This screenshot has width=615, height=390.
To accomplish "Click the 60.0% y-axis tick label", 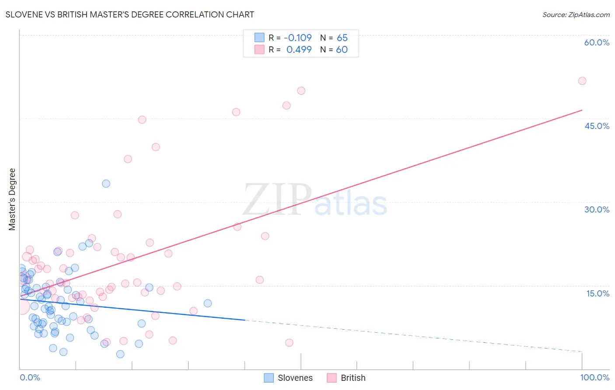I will coord(597,42).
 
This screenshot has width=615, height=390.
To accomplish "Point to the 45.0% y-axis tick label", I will coord(597,126).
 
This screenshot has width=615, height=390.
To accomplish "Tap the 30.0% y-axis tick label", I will coord(597,209).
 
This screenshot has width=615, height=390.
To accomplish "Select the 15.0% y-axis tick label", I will coord(598,293).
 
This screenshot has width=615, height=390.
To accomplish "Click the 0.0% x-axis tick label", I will coord(30,377).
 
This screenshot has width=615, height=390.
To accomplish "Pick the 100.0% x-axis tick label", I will coord(594,377).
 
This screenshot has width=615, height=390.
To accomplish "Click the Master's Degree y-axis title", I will coord(12,199).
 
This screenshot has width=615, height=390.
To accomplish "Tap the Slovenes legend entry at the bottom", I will coord(289,378).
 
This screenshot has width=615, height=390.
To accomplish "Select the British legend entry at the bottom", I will coord(346,378).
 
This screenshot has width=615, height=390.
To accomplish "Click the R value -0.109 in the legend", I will coord(298,38).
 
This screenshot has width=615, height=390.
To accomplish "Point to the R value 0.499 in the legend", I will coord(299,49).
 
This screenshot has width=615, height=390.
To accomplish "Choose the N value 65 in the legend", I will coord(342,38).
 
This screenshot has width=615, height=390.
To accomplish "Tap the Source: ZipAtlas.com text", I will coord(576,14).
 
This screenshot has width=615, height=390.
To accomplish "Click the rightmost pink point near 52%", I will coord(582,81).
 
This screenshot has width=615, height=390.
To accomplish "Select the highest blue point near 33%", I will coord(106,184).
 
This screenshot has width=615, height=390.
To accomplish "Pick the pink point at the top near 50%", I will coord(301,91).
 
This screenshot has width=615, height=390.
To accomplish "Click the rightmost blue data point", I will coord(208,303).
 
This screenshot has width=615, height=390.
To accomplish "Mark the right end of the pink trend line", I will coord(582,110).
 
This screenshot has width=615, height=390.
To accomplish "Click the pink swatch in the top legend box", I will coord(259,49).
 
